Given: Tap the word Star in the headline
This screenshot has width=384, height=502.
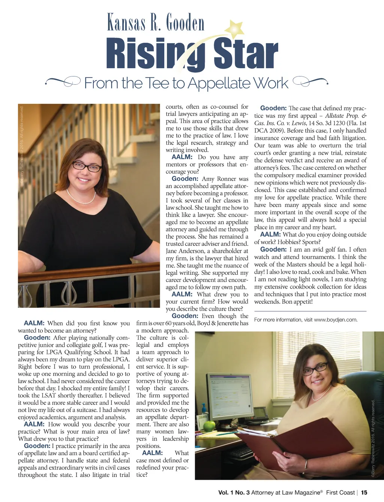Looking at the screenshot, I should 246,54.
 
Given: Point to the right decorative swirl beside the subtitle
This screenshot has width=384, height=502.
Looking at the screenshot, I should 310,80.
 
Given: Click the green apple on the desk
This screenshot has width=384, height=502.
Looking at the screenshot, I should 209,426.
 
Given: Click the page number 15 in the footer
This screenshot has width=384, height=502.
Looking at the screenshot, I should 364,492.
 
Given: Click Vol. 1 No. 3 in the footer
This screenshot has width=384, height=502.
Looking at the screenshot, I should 234,492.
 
